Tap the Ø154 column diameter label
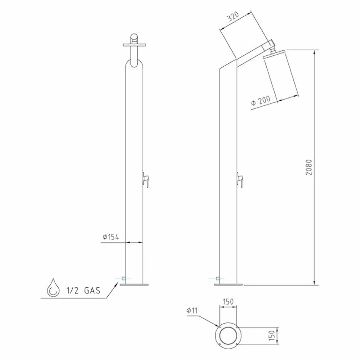click(111, 237)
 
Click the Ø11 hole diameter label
click(192, 311)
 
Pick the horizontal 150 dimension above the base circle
click(228, 302)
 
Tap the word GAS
click(92, 291)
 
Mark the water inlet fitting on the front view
click(124, 279)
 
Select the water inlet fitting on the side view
click(218, 279)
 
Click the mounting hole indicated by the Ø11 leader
click(218, 327)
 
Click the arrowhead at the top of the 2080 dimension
click(314, 52)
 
